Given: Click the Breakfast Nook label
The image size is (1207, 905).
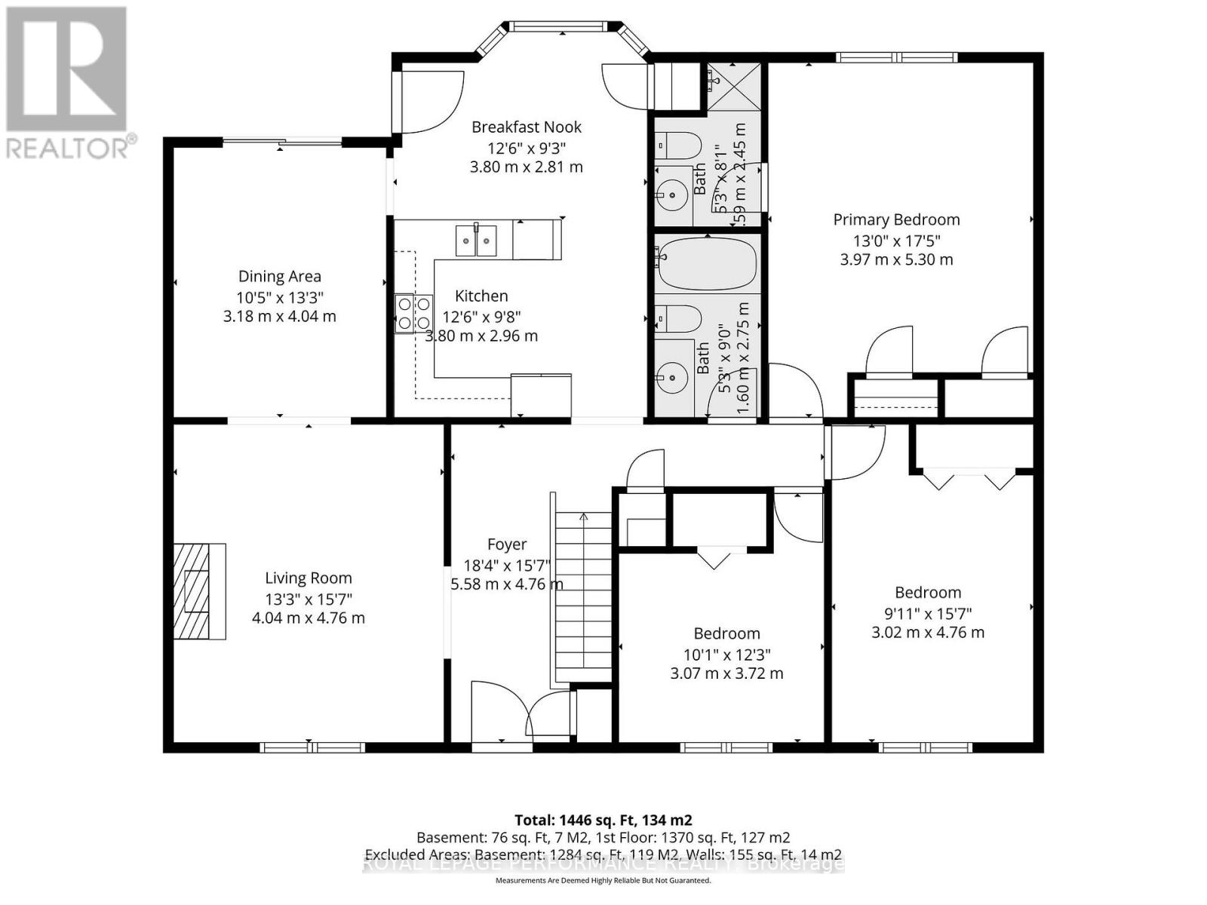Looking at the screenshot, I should pyautogui.click(x=526, y=127).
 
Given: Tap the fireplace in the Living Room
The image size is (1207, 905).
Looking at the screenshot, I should pyautogui.click(x=199, y=591).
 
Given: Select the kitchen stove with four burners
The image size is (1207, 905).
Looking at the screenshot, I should pyautogui.click(x=413, y=313).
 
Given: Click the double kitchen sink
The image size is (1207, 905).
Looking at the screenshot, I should pyautogui.click(x=476, y=241).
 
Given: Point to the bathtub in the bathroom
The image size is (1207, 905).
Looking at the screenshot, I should pyautogui.click(x=705, y=265).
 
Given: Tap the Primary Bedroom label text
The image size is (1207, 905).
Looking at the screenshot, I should pyautogui.click(x=896, y=220).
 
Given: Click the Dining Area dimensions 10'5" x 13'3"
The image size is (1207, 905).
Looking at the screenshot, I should pyautogui.click(x=279, y=297).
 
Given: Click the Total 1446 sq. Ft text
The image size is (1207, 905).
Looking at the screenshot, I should pyautogui.click(x=603, y=820).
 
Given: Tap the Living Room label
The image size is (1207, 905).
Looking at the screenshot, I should pyautogui.click(x=308, y=578).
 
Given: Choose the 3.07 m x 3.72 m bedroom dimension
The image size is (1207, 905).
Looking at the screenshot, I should pyautogui.click(x=726, y=673).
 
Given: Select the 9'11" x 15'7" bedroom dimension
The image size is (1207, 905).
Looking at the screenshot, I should pyautogui.click(x=928, y=613).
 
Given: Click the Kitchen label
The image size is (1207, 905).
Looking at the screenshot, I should pyautogui.click(x=481, y=296).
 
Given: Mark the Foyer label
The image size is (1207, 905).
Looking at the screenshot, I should pyautogui.click(x=507, y=545).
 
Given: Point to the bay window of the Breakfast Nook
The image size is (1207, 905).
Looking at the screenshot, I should pyautogui.click(x=557, y=27).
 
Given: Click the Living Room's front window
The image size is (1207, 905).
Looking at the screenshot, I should pyautogui.click(x=312, y=747).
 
